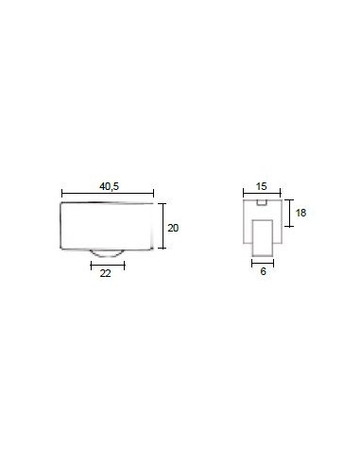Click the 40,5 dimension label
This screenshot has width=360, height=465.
(109, 186)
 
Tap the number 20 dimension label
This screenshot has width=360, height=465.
(173, 228)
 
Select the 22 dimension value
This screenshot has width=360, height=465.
(106, 273)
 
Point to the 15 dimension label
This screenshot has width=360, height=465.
(261, 186)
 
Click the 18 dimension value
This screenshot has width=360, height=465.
(300, 213)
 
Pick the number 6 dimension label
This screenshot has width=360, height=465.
(264, 271)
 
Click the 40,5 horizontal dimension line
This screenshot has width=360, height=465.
(108, 194)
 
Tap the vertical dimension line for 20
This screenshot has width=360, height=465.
(163, 226)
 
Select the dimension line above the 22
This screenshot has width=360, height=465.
(108, 266)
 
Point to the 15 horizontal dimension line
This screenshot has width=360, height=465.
(262, 193)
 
